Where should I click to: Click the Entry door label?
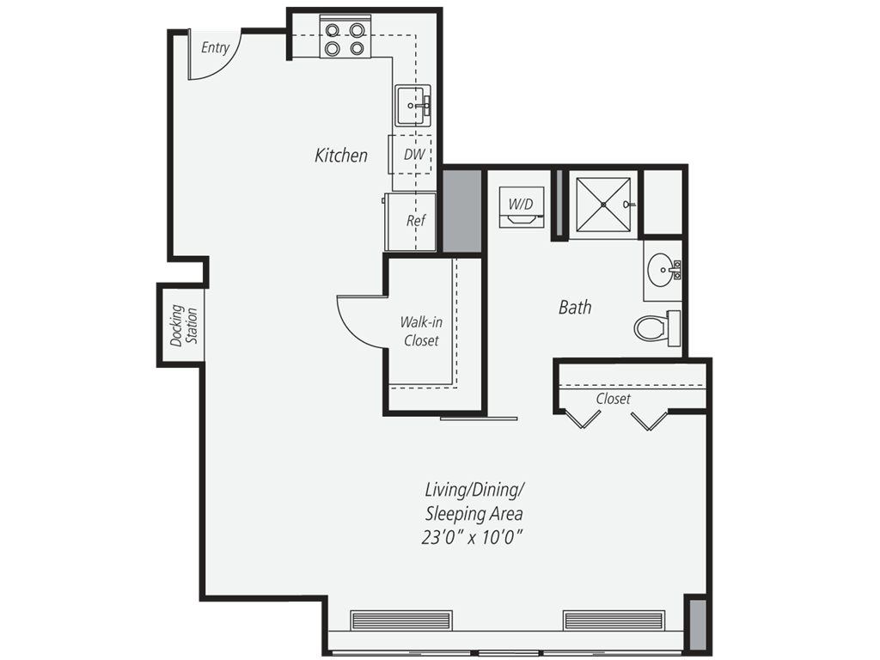point(215,48)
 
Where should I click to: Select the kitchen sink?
point(413,105)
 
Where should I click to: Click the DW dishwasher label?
point(414,155)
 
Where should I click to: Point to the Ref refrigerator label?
point(416,221)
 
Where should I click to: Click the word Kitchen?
point(341,156)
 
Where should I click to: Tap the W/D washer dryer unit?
point(522,207)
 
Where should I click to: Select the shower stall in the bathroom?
point(603,205)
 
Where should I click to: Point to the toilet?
point(656,327)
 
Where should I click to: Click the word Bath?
point(575,307)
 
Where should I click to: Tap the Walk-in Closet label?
point(421,331)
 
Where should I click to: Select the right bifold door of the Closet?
point(648,419)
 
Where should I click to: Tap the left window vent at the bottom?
point(400,620)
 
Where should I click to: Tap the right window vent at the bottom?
point(614,620)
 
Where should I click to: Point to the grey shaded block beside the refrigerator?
point(462,211)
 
